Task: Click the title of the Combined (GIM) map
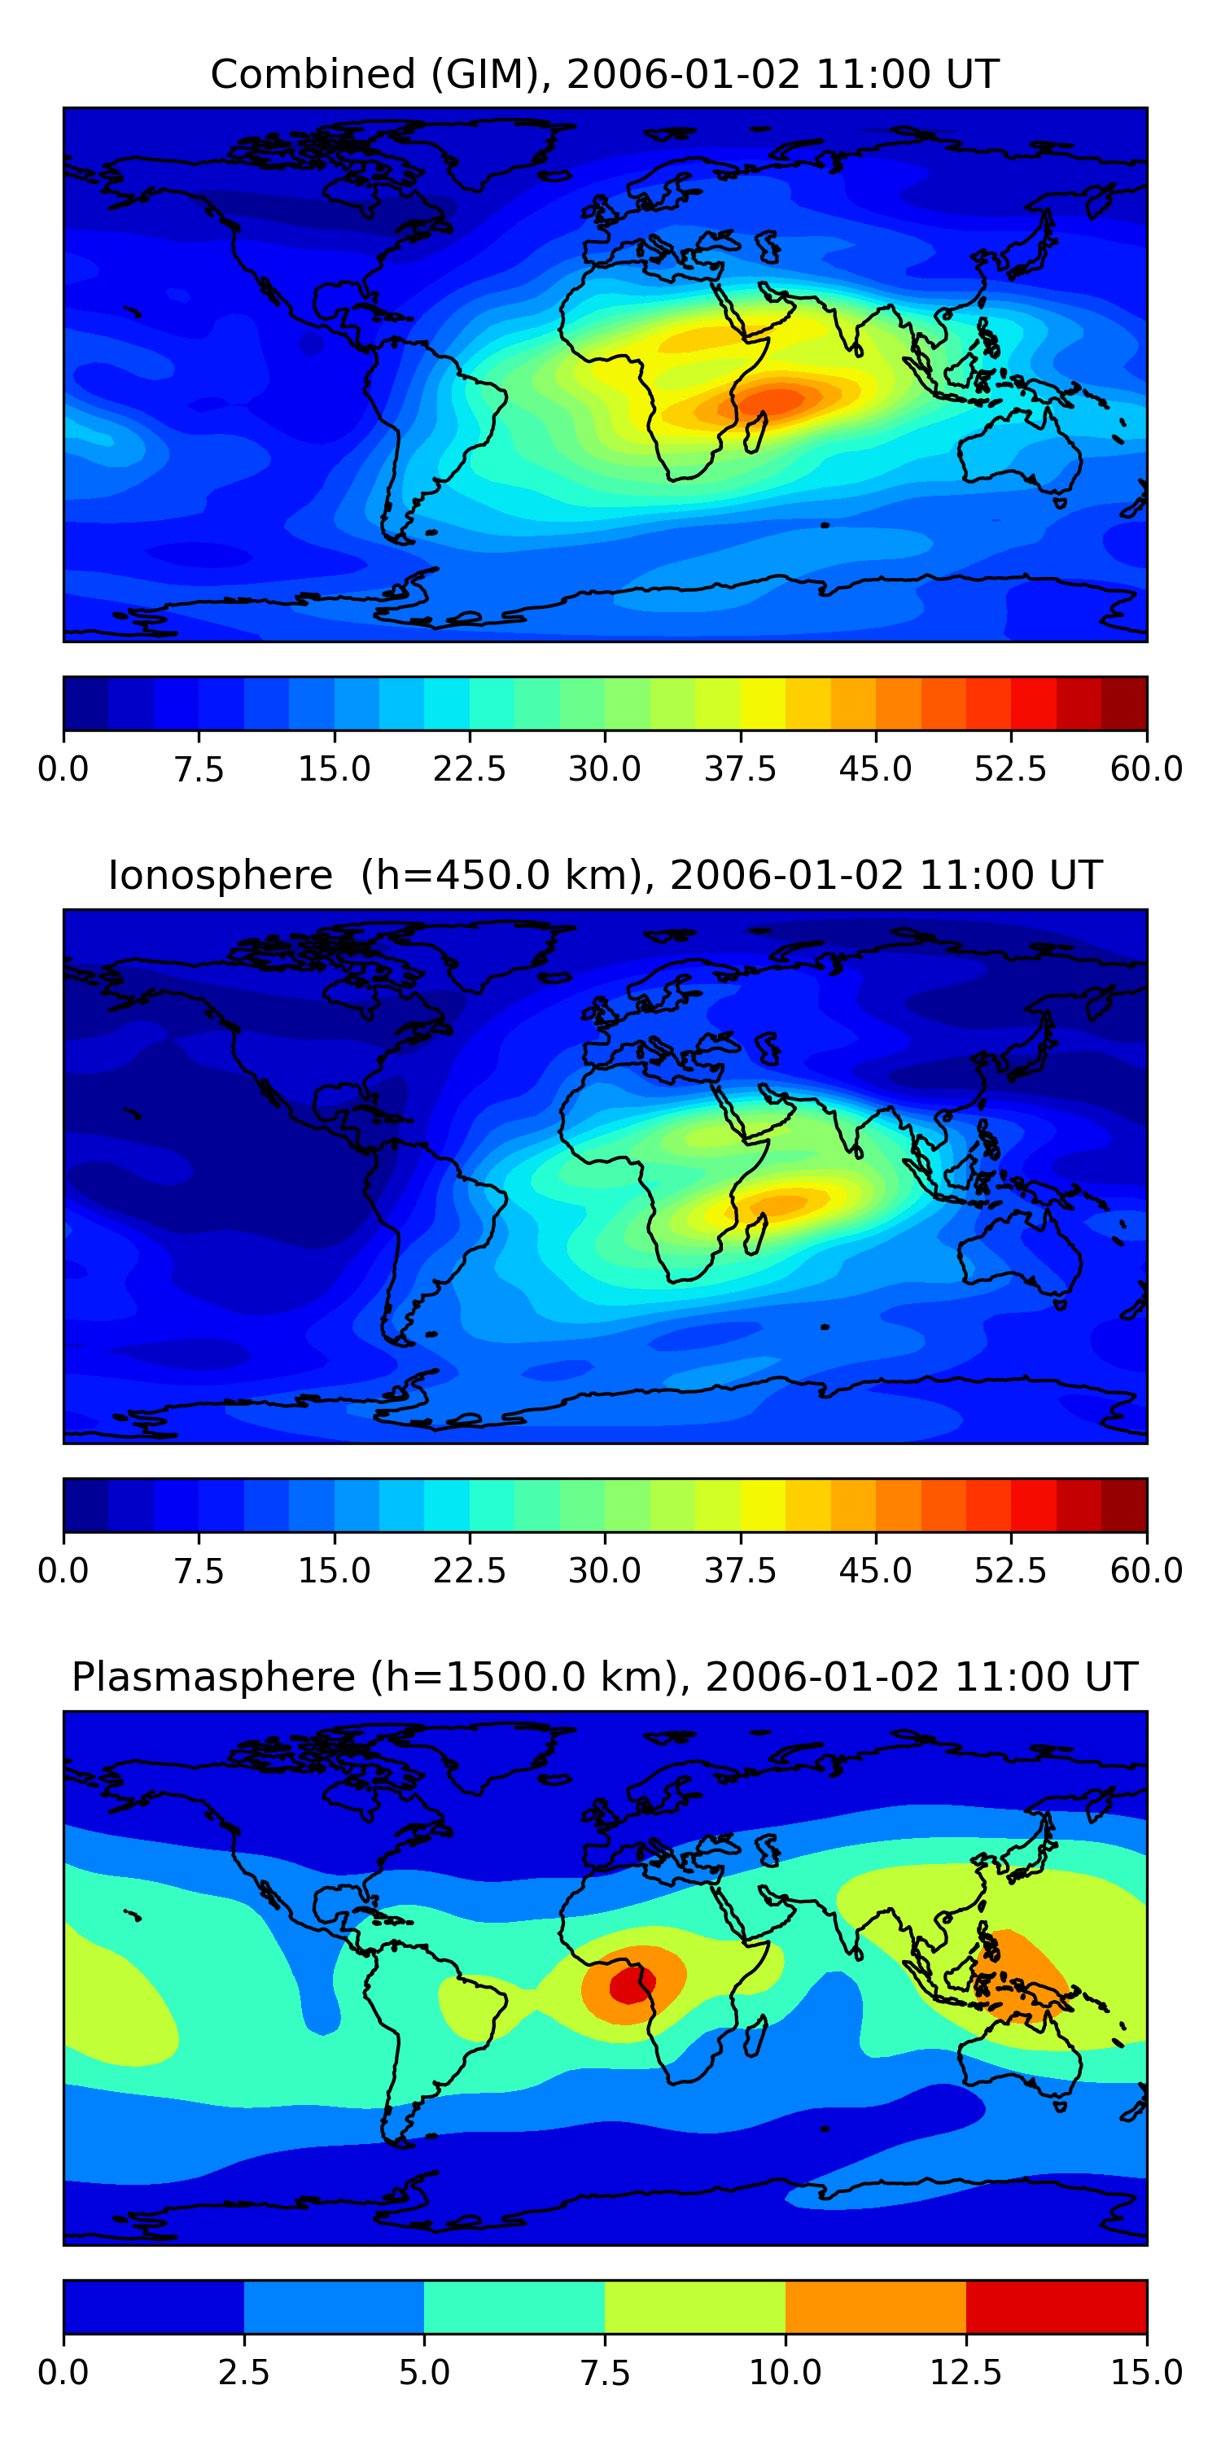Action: click(605, 74)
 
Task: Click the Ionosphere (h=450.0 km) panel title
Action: click(605, 875)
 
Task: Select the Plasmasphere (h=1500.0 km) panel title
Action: click(605, 1677)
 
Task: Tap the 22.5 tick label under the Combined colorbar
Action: click(469, 768)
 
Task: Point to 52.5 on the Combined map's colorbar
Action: click(1010, 768)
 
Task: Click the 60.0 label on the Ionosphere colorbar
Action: click(1146, 1571)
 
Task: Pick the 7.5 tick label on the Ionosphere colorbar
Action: click(199, 1571)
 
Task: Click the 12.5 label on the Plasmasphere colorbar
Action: click(966, 2372)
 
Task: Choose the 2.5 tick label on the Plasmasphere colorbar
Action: click(243, 2372)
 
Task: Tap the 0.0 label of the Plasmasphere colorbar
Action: click(63, 2372)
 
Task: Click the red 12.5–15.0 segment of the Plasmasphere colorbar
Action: click(1056, 2306)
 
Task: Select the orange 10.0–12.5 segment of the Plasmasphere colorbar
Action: click(875, 2306)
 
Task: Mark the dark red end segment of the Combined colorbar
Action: click(1124, 703)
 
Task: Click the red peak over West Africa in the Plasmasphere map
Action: click(629, 1983)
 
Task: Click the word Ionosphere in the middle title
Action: click(220, 875)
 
